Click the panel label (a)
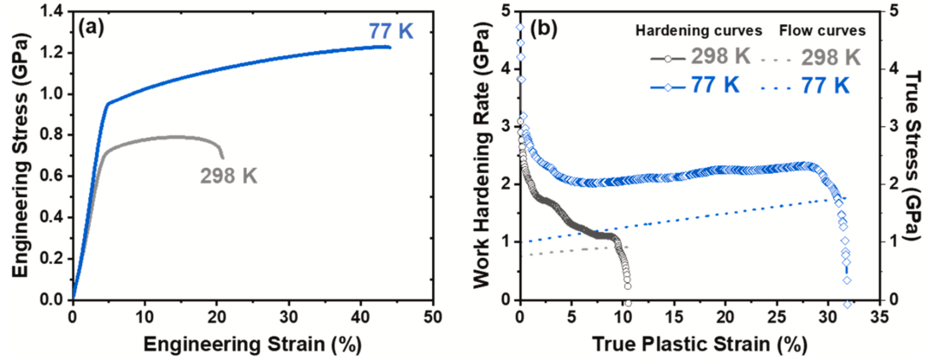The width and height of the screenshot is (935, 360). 93,27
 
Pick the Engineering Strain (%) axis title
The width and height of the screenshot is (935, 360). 252,344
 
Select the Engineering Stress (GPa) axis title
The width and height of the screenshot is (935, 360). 18,156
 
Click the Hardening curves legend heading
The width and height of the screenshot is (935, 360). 699,30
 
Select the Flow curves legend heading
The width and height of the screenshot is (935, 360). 822,30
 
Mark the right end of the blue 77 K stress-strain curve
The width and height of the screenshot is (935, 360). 390,47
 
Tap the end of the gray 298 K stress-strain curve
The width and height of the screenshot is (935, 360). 222,158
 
